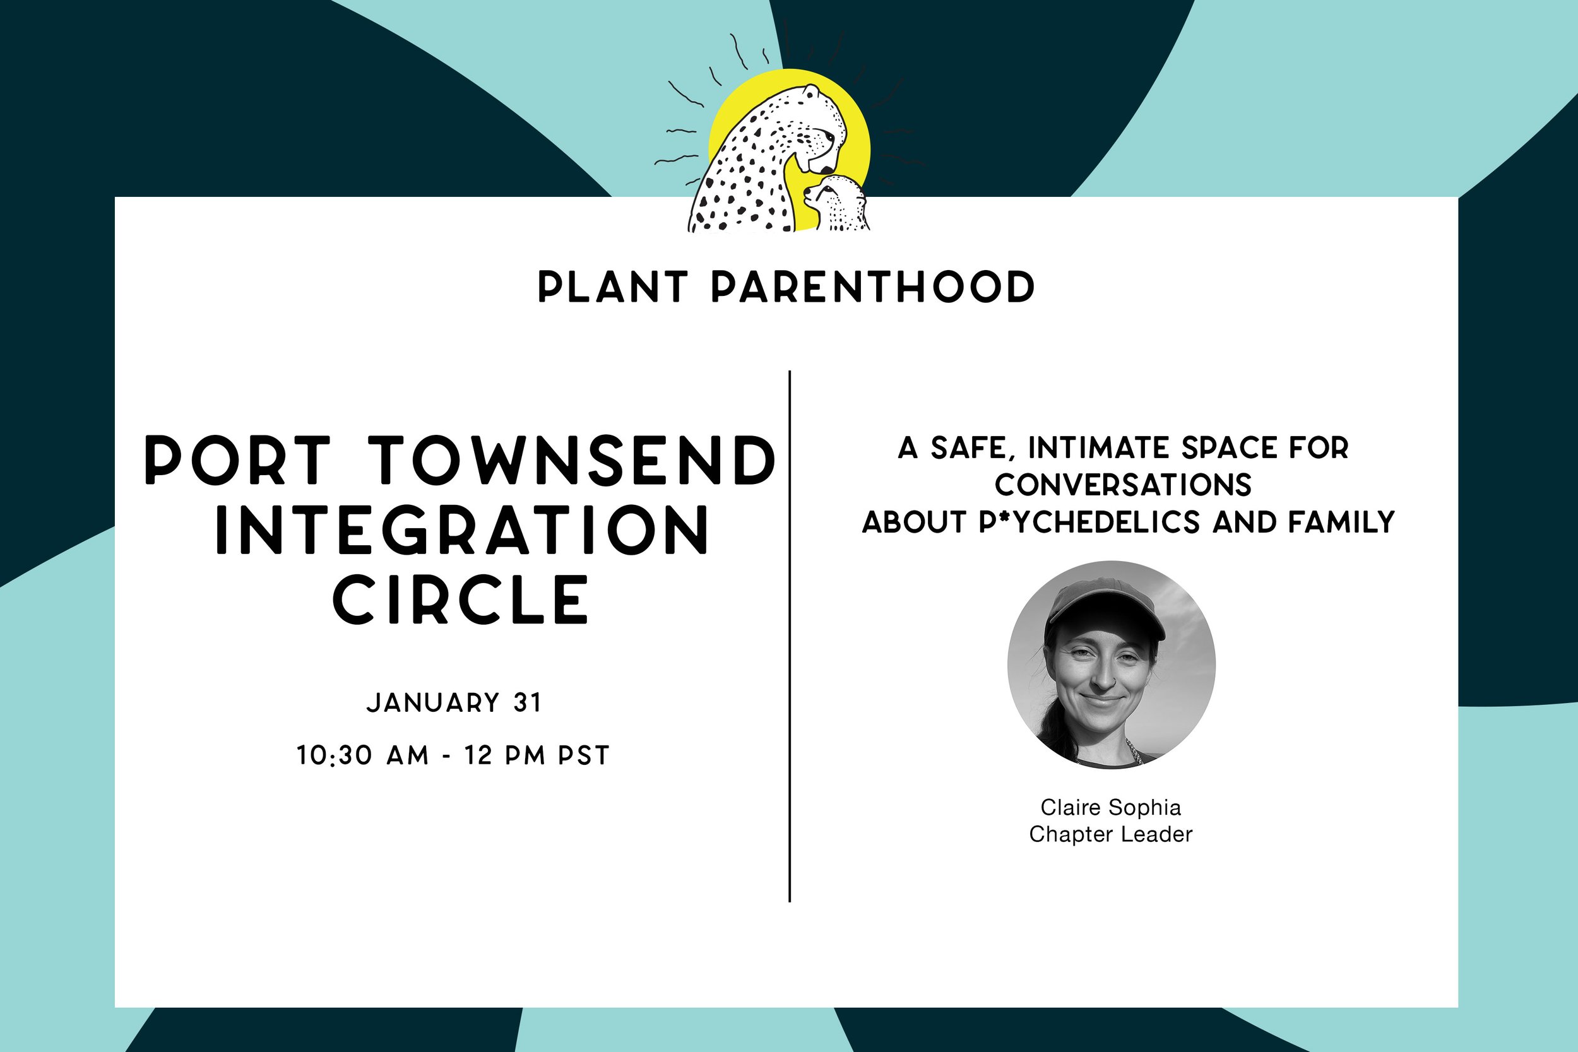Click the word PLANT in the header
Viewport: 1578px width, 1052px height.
click(x=612, y=287)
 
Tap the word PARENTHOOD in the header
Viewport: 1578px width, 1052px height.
click(x=872, y=287)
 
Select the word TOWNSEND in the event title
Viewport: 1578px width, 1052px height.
click(x=572, y=460)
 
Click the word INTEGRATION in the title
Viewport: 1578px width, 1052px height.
click(x=461, y=530)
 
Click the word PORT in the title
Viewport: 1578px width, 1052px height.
click(x=238, y=460)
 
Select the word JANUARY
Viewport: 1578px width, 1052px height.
click(x=434, y=702)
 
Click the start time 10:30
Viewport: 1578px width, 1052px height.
click(x=334, y=756)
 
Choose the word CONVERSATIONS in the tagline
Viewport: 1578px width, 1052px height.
click(x=1123, y=485)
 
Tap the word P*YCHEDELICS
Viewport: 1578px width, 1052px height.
click(x=1089, y=522)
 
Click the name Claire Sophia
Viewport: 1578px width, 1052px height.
click(x=1110, y=807)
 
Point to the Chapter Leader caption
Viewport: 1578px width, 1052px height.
click(x=1110, y=835)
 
